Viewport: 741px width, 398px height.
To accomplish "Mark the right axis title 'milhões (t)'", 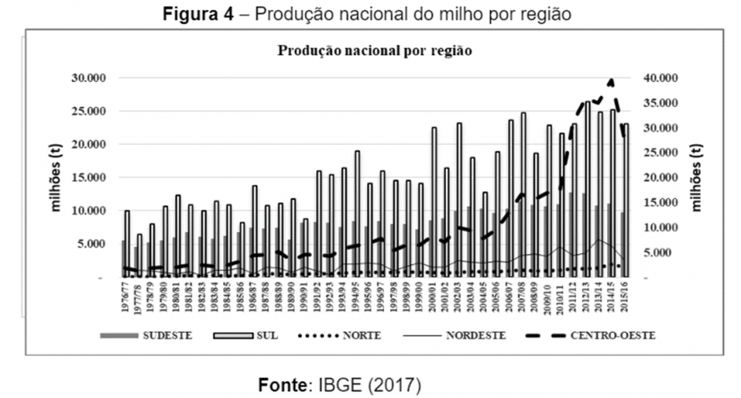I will (x=697, y=177).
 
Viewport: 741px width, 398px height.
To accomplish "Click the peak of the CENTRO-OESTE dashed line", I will (x=611, y=81).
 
